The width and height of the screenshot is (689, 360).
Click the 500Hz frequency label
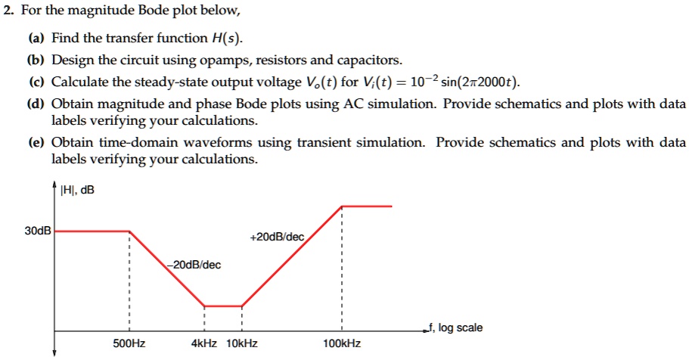[129, 343]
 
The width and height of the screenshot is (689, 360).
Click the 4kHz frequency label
[205, 343]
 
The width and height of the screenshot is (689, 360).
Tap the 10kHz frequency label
[242, 343]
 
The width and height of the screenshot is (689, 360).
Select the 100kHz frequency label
[342, 343]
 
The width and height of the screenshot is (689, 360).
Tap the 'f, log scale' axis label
[454, 327]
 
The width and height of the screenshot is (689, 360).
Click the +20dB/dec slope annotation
[276, 237]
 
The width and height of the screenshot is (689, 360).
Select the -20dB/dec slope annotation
[194, 265]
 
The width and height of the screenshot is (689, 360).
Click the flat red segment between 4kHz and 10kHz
[223, 306]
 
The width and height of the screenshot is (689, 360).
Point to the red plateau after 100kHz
[367, 206]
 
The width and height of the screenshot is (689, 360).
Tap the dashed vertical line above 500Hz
[129, 280]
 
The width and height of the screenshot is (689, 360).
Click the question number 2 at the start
[5, 11]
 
